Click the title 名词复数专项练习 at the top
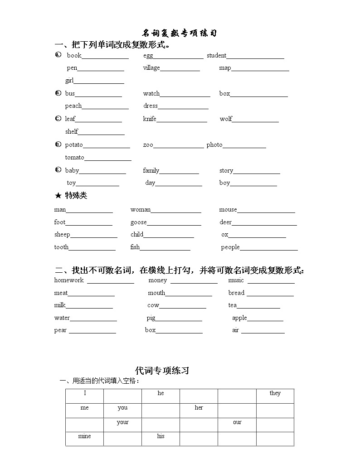tap(180, 33)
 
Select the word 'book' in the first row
tap(74, 56)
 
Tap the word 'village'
tap(151, 68)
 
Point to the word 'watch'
tap(151, 94)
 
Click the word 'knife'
tap(150, 119)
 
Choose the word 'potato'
tap(74, 145)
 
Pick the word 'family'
tap(151, 171)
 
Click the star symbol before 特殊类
tap(58, 196)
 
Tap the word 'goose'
tap(138, 222)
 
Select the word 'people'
tap(230, 247)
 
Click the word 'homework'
tap(69, 280)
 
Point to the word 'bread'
tap(236, 293)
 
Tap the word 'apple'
tap(239, 318)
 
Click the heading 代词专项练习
tap(162, 371)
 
